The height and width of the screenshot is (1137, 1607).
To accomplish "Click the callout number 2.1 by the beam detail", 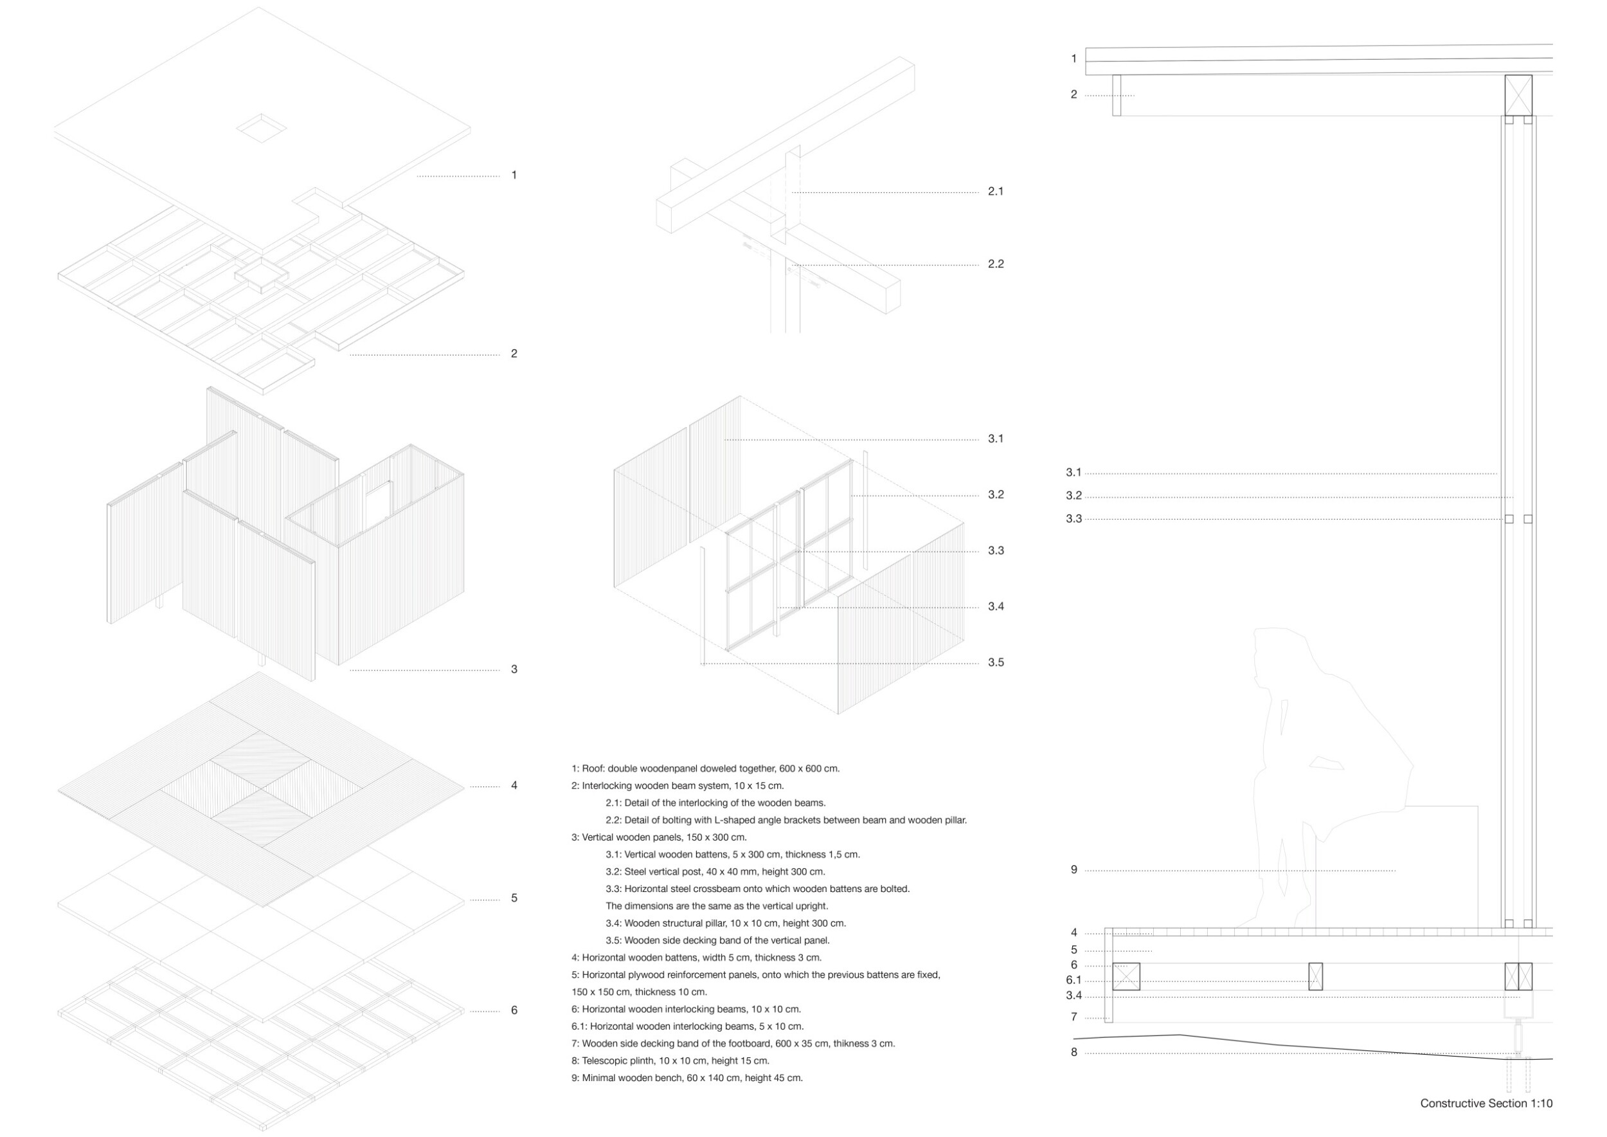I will (995, 191).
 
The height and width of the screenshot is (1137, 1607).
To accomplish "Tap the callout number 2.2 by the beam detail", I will (995, 264).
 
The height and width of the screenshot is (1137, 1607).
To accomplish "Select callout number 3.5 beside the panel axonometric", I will (995, 662).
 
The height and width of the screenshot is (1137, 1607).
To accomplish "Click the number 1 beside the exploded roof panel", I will (514, 175).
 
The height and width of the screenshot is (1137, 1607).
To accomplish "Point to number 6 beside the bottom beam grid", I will (514, 1010).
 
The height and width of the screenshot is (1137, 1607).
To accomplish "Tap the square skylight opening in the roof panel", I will (260, 128).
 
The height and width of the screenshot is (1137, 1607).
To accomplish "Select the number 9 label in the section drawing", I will (1073, 870).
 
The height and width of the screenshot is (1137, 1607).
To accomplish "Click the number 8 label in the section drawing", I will (1073, 1052).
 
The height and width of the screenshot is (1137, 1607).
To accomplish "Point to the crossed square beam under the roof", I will (1518, 95).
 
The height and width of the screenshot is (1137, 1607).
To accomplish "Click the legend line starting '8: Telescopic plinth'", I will (670, 1060).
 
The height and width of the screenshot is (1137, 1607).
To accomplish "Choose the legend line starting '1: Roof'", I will (705, 769).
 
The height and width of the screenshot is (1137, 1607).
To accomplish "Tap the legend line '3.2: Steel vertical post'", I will (715, 871).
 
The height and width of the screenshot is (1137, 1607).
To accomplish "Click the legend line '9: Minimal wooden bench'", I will (687, 1078).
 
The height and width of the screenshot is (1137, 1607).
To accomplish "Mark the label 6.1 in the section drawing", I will (1073, 980).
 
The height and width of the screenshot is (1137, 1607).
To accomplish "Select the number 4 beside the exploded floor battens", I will (514, 785).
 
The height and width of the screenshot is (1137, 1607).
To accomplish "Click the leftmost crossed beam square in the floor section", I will (1126, 977).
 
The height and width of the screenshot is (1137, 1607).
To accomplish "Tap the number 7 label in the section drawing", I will (1073, 1017).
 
